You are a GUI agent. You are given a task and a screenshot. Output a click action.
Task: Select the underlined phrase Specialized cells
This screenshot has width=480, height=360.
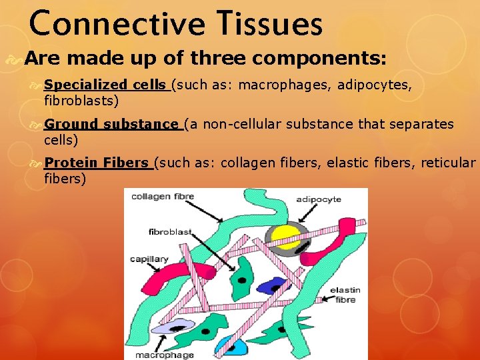click(105, 85)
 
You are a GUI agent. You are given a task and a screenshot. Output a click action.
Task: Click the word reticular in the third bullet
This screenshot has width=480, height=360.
click(448, 163)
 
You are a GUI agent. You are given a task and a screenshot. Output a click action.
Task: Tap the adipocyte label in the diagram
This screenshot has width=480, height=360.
click(318, 199)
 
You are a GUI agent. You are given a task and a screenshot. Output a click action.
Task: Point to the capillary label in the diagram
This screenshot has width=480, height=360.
click(149, 259)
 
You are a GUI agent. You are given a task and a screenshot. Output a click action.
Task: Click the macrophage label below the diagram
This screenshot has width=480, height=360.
click(165, 355)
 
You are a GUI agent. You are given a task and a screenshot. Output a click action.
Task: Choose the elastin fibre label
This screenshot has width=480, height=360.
click(346, 295)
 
